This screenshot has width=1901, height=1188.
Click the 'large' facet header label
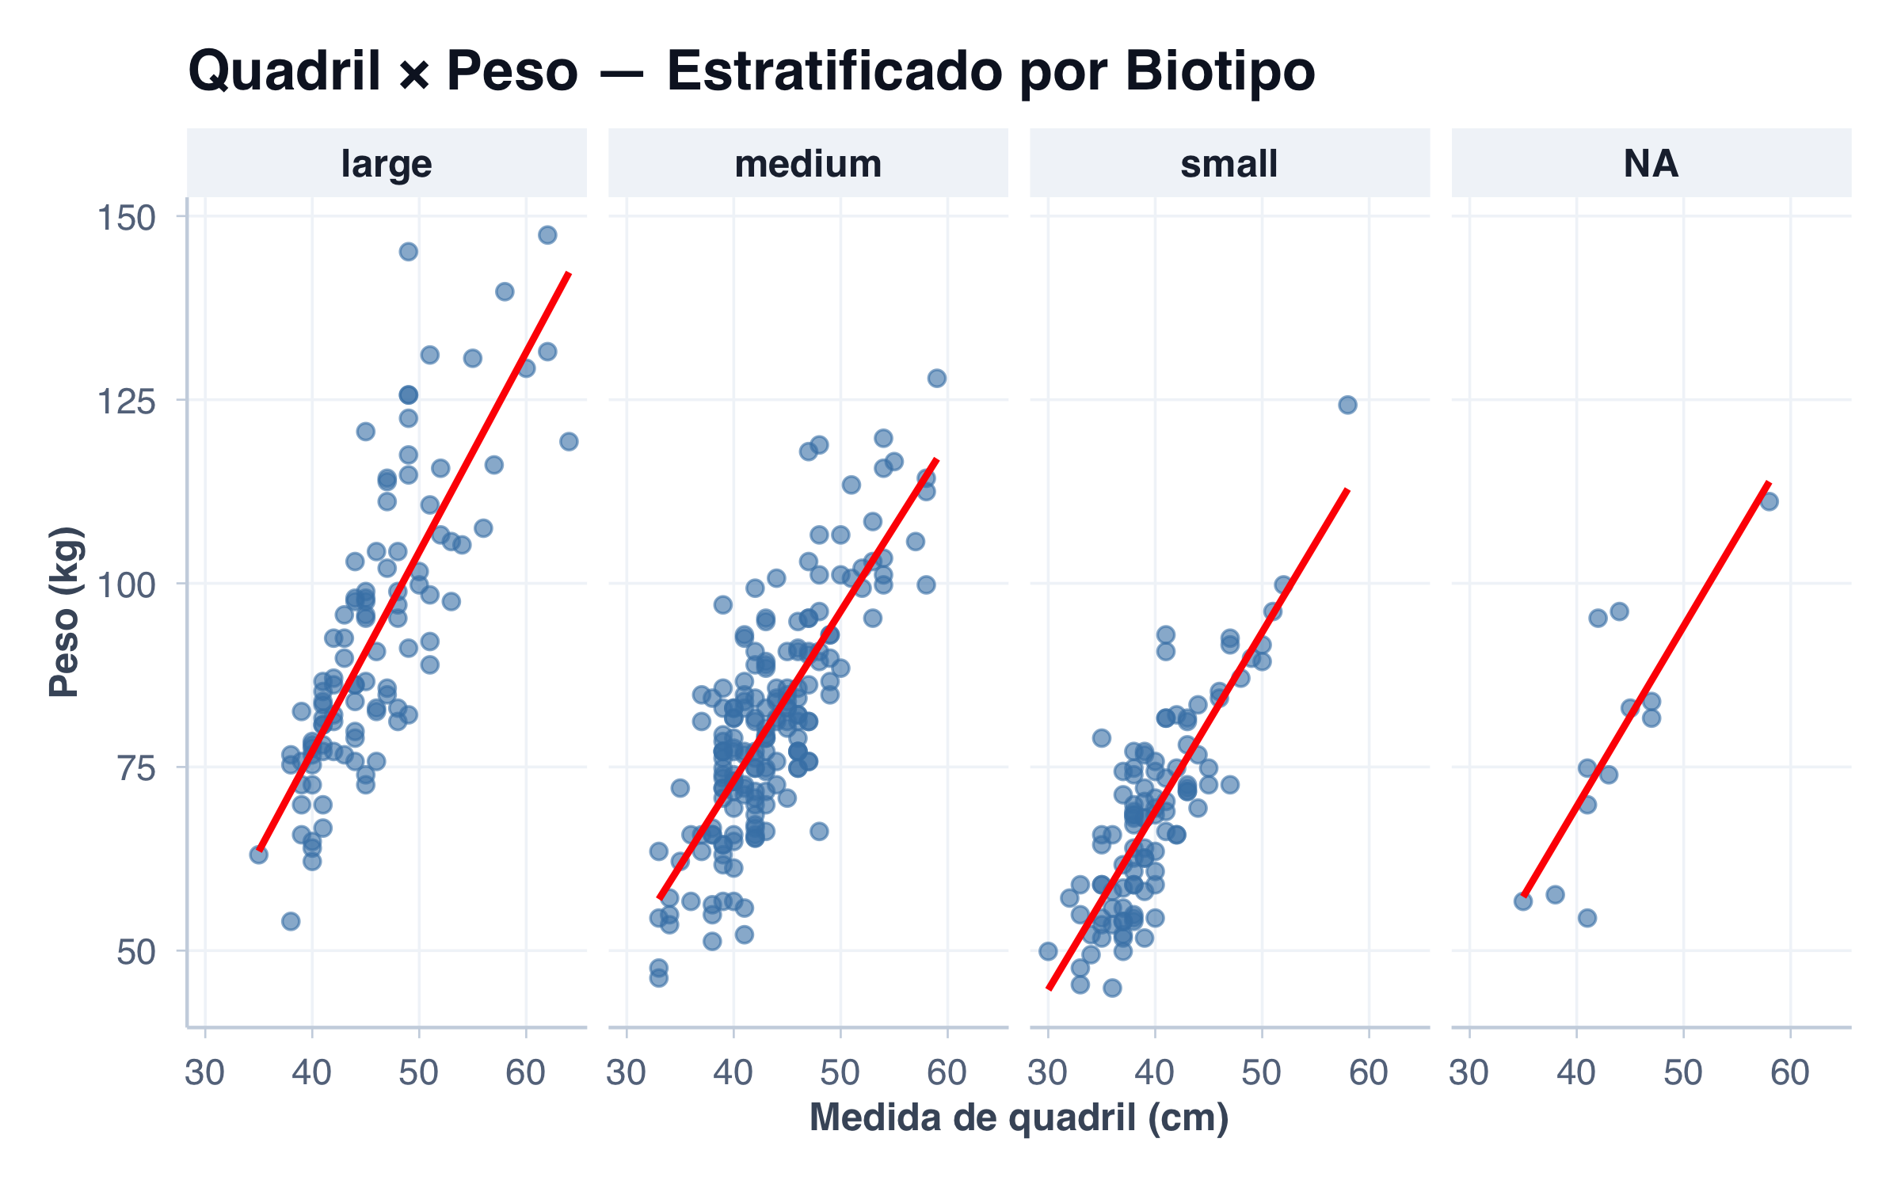point(387,164)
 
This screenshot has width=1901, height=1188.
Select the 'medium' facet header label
point(808,164)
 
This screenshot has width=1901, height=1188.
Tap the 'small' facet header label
point(1229,164)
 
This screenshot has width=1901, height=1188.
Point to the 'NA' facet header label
point(1651,164)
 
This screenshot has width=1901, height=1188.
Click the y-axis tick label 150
point(126,218)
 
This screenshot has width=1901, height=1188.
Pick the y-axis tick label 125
point(126,402)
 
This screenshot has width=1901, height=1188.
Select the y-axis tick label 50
point(135,952)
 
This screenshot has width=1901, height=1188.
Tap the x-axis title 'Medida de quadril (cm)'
point(1019,1118)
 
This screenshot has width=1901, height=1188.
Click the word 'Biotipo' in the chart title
point(1220,71)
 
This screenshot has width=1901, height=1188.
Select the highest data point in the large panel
point(547,235)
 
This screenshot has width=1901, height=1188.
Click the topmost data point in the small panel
point(1347,406)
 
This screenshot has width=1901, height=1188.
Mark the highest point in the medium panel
point(937,379)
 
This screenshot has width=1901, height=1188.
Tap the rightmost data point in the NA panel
point(1769,501)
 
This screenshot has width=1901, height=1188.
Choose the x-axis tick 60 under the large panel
point(526,1073)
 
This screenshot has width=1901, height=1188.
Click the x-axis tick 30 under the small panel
point(1048,1073)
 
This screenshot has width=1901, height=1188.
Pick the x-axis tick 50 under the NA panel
point(1683,1073)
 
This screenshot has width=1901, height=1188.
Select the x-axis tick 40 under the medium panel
point(733,1073)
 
